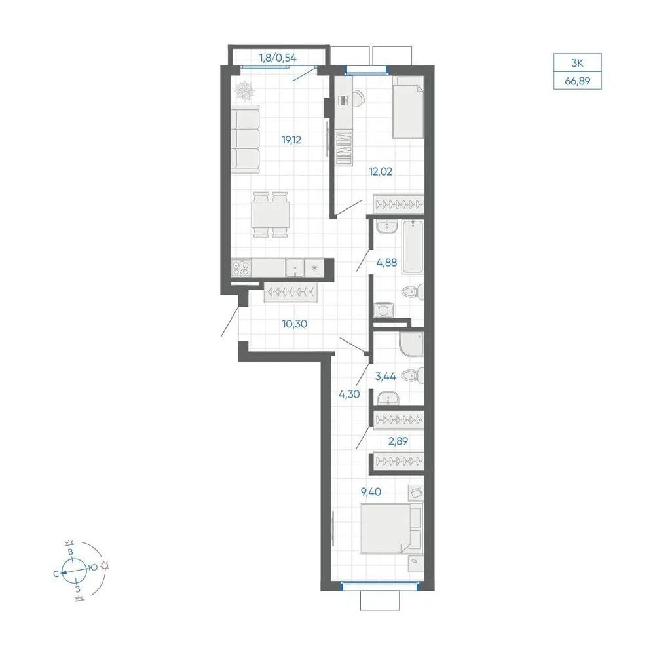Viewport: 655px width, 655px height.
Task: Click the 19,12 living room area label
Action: coord(291,140)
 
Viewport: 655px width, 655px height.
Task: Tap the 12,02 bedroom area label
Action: coord(381,171)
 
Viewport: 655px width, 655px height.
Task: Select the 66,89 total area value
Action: coord(577,81)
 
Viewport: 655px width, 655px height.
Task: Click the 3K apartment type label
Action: coord(577,64)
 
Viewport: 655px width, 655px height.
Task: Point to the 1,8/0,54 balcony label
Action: coord(278,58)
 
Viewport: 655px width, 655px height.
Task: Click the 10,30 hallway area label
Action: coord(295,324)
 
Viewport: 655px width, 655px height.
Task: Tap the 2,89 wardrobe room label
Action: coord(398,441)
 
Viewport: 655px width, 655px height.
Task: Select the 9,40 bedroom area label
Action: coord(371,492)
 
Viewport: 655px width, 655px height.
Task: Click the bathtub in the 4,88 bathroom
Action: coord(413,248)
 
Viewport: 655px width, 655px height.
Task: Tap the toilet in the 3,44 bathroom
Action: coord(413,375)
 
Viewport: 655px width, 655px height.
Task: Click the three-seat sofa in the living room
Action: coord(245,139)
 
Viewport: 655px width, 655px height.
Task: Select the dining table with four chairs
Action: coord(271,215)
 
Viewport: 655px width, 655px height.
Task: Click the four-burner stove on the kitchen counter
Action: coord(241,268)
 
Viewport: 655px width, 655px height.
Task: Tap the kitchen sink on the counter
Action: coord(295,268)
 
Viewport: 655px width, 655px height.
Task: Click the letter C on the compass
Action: coord(56,574)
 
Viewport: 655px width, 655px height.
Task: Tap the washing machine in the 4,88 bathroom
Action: coord(383,310)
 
